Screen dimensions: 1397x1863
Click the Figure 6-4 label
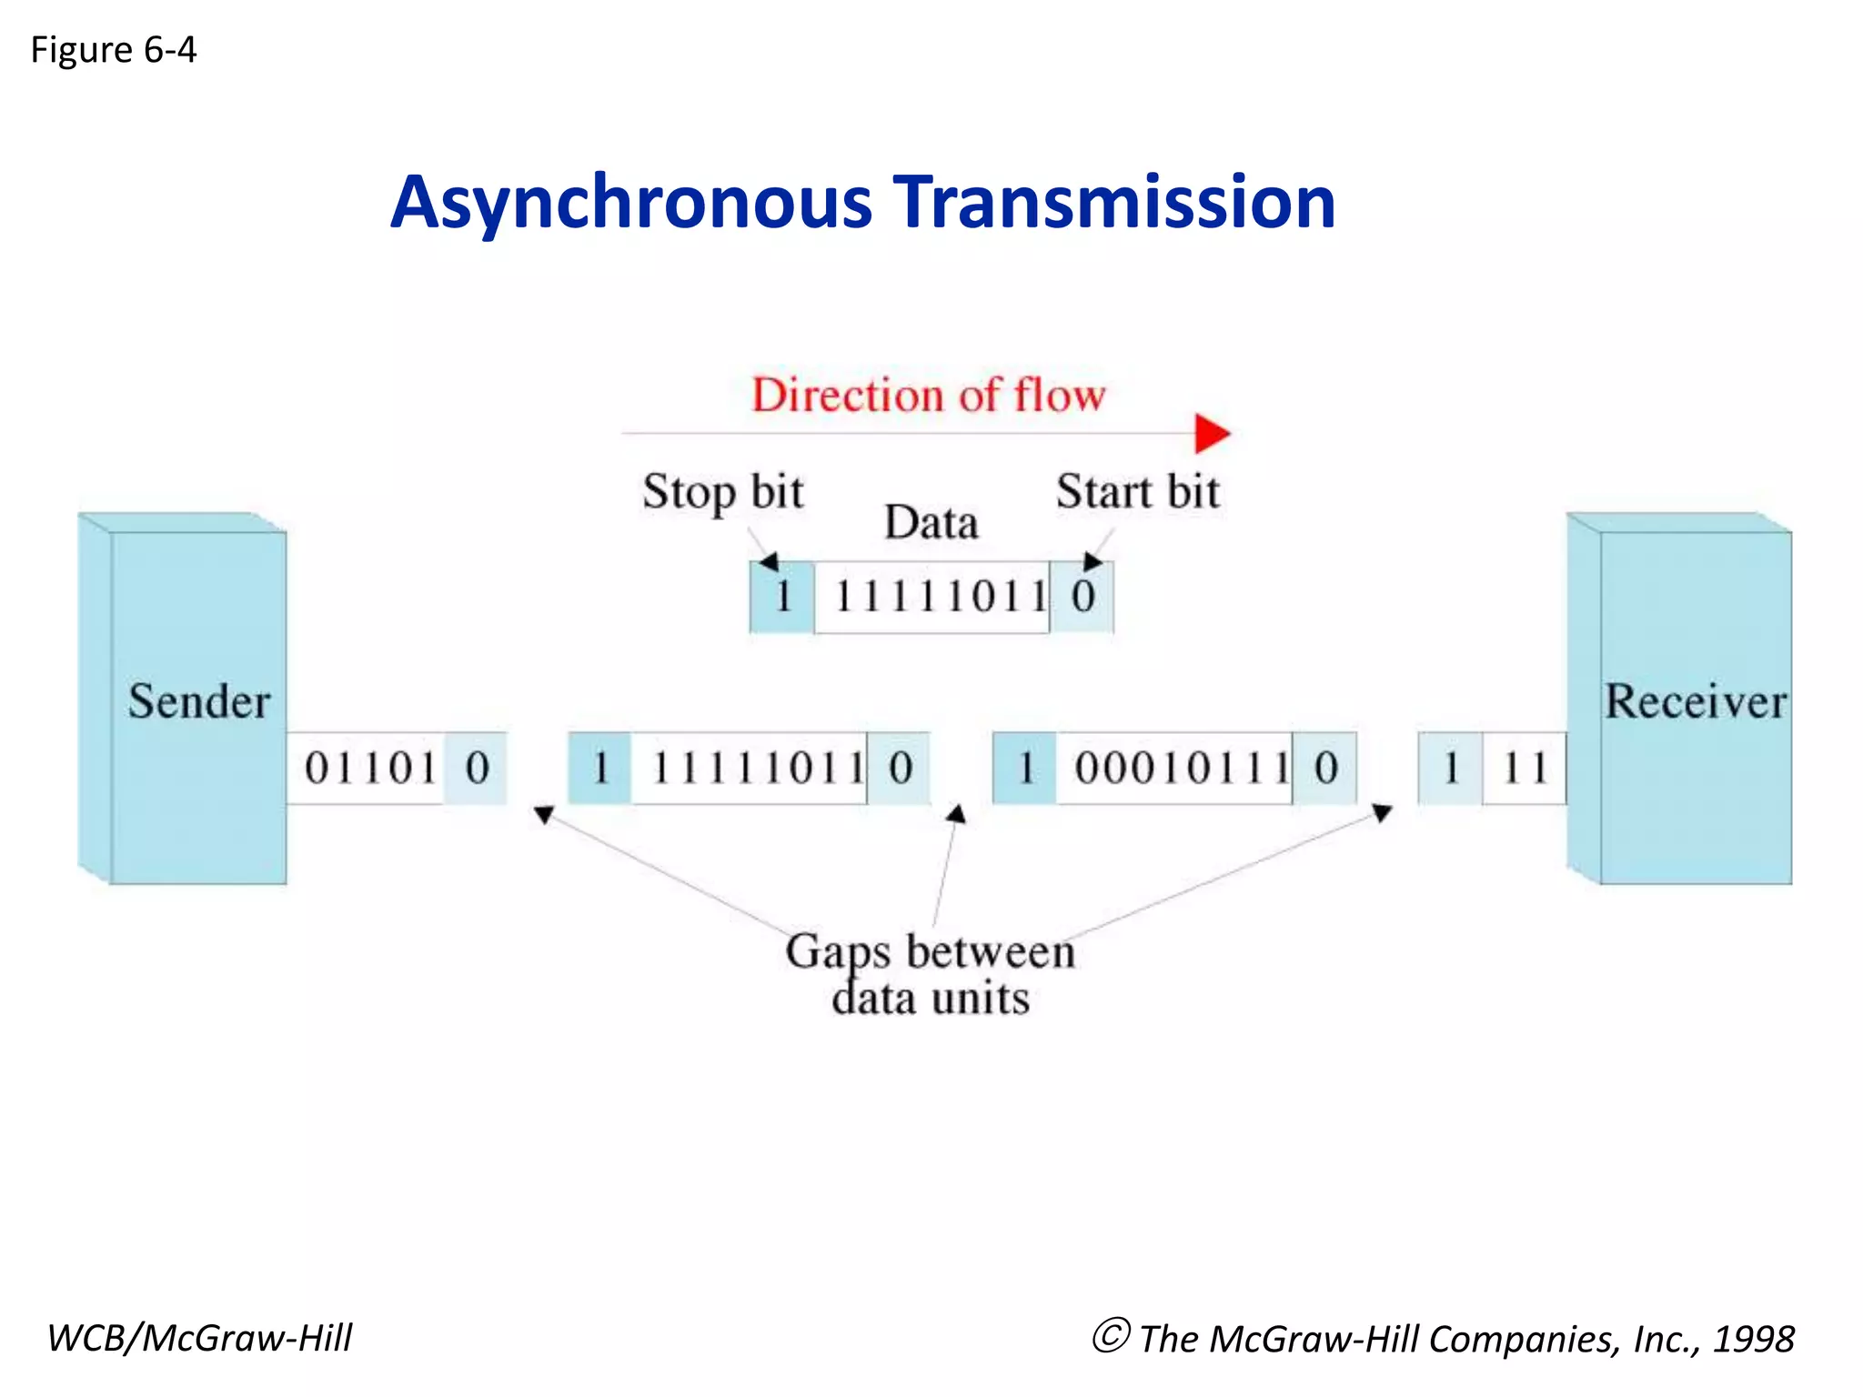(x=114, y=50)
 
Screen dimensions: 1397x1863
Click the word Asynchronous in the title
(x=631, y=202)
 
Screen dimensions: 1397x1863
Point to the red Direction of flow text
(x=928, y=396)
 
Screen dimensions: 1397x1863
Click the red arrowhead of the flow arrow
(x=1212, y=433)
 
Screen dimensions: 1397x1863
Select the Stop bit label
(x=723, y=492)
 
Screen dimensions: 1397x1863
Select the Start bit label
(x=1137, y=492)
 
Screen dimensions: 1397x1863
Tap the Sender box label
(x=199, y=701)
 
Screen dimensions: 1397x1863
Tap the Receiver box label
(x=1696, y=701)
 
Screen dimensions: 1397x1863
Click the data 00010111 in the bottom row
(x=1181, y=769)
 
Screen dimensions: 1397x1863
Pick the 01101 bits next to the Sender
(x=370, y=769)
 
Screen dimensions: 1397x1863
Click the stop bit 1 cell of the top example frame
(x=782, y=598)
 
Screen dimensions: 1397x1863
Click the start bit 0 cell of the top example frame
(x=1083, y=598)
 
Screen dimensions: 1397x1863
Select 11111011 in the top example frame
(x=941, y=598)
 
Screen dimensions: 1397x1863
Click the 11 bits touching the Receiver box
(x=1525, y=769)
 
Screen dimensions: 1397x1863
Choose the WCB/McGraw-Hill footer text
(x=199, y=1338)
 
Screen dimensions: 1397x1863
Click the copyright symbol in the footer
(x=1111, y=1336)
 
